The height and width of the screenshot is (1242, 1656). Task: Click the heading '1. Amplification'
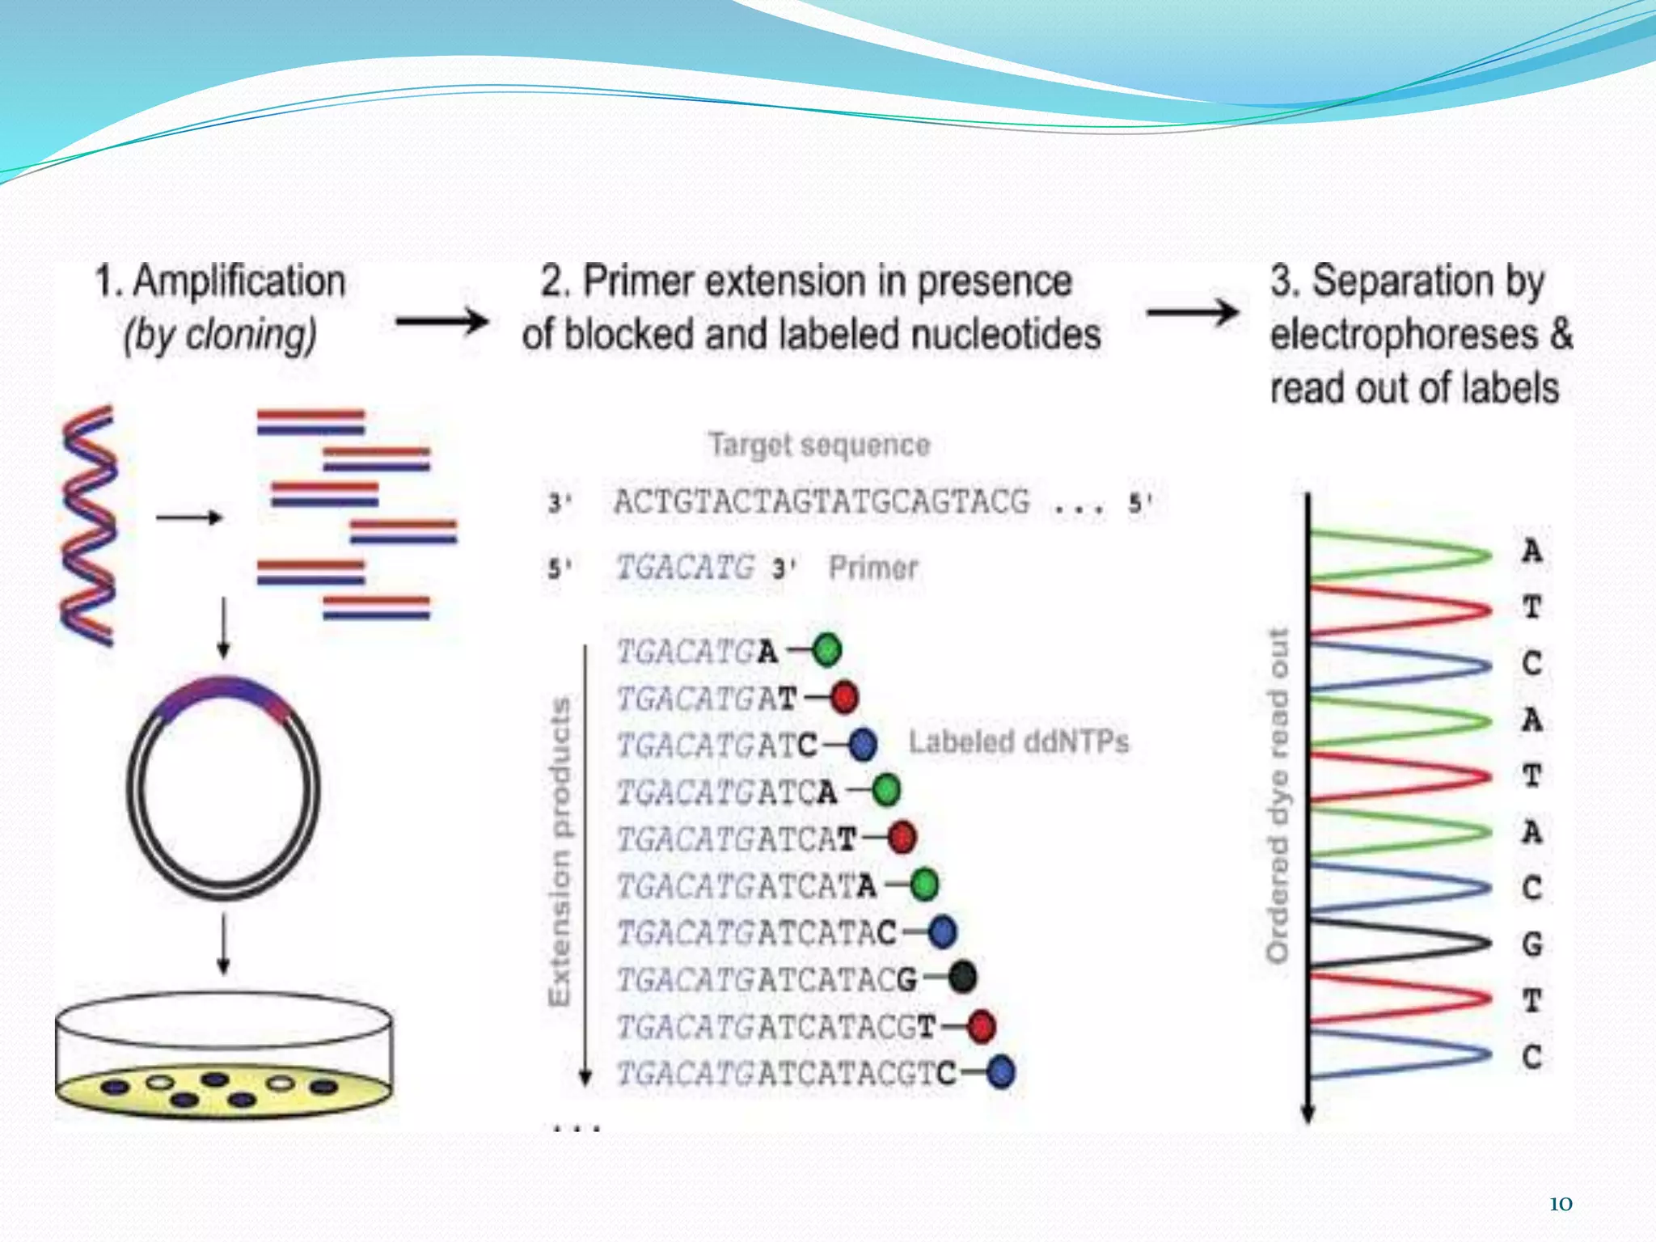(220, 281)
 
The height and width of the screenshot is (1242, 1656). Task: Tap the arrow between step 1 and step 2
(441, 321)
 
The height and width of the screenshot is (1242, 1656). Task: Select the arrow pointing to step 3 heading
(1193, 312)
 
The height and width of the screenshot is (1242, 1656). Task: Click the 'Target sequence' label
(819, 445)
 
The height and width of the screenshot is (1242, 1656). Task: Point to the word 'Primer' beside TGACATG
(873, 568)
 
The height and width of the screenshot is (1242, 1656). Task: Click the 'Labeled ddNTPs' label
(1019, 741)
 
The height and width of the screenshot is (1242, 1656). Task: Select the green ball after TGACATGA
(826, 649)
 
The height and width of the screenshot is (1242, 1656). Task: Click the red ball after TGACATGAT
(844, 697)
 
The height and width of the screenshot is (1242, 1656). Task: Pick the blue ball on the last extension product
(1001, 1072)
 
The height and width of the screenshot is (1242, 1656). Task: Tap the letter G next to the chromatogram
(1531, 944)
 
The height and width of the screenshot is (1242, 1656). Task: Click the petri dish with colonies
(223, 1055)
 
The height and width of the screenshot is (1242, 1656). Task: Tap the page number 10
(1561, 1204)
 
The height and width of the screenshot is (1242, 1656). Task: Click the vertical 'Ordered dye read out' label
(1278, 796)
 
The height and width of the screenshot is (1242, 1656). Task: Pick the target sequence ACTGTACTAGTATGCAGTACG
(822, 502)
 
